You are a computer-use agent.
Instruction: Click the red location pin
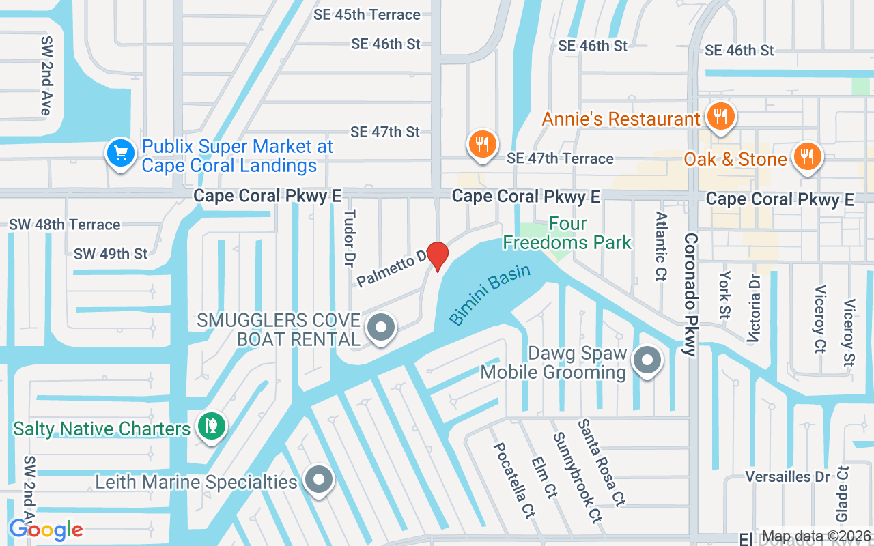click(x=437, y=256)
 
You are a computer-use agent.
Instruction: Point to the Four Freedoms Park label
click(x=567, y=233)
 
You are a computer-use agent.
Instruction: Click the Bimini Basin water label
click(x=490, y=294)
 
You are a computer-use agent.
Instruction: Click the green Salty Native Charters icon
click(x=212, y=426)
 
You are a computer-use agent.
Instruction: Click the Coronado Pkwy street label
click(x=691, y=295)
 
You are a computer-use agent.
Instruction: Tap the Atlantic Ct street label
click(x=661, y=246)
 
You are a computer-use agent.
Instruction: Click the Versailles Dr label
click(x=787, y=476)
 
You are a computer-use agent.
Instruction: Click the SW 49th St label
click(x=111, y=254)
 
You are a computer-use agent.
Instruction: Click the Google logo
click(x=46, y=529)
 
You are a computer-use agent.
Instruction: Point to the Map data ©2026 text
click(x=816, y=536)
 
